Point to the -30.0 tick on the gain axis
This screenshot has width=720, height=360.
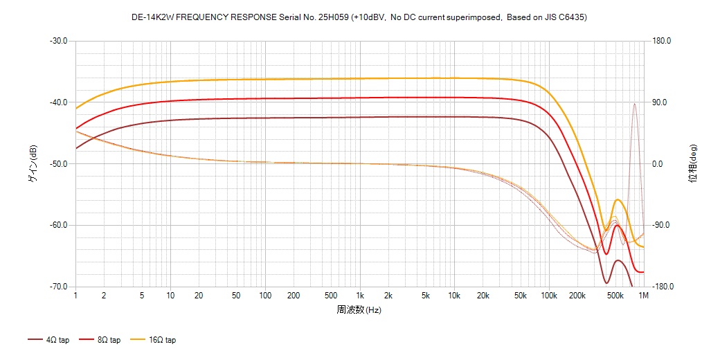tap(58, 41)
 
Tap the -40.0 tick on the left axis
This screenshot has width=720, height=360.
tap(58, 102)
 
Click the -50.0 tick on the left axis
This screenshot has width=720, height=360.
tap(58, 164)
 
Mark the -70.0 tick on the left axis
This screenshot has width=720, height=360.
tap(58, 287)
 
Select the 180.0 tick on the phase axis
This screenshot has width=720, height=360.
tap(663, 41)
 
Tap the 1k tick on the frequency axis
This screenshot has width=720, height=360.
tap(359, 296)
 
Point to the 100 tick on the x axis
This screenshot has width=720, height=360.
tap(265, 296)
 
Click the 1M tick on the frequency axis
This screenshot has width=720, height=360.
tap(644, 296)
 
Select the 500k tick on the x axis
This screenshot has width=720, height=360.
tap(614, 296)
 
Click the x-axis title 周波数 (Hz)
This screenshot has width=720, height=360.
tap(359, 309)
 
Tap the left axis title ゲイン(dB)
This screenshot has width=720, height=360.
tap(32, 164)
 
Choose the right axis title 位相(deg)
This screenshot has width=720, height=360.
tap(692, 164)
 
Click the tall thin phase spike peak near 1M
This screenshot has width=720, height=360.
tap(634, 104)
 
